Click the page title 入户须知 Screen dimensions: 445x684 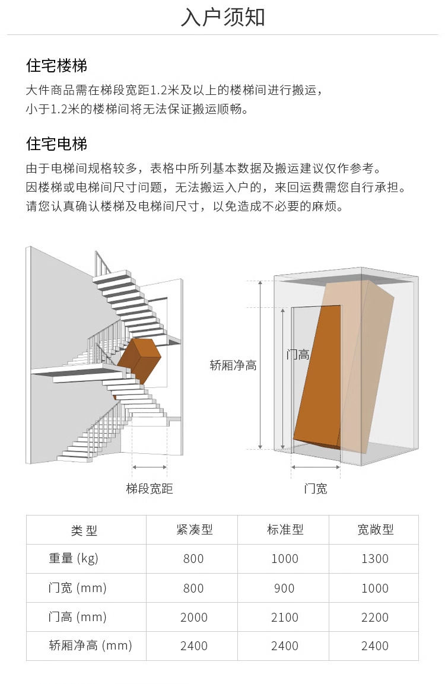(223, 18)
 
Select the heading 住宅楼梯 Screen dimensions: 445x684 (57, 65)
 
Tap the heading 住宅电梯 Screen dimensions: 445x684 (57, 144)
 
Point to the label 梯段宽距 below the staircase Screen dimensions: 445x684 (150, 489)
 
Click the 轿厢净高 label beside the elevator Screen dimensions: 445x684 (233, 365)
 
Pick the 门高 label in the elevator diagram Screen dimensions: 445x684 (298, 355)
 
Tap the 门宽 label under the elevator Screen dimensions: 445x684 (316, 489)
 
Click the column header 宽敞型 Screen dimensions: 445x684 (375, 530)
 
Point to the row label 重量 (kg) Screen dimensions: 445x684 (73, 558)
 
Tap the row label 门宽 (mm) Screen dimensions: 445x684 (77, 588)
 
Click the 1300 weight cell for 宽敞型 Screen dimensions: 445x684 (375, 559)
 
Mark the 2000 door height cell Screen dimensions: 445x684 (194, 618)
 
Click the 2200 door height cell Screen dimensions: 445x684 (375, 618)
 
